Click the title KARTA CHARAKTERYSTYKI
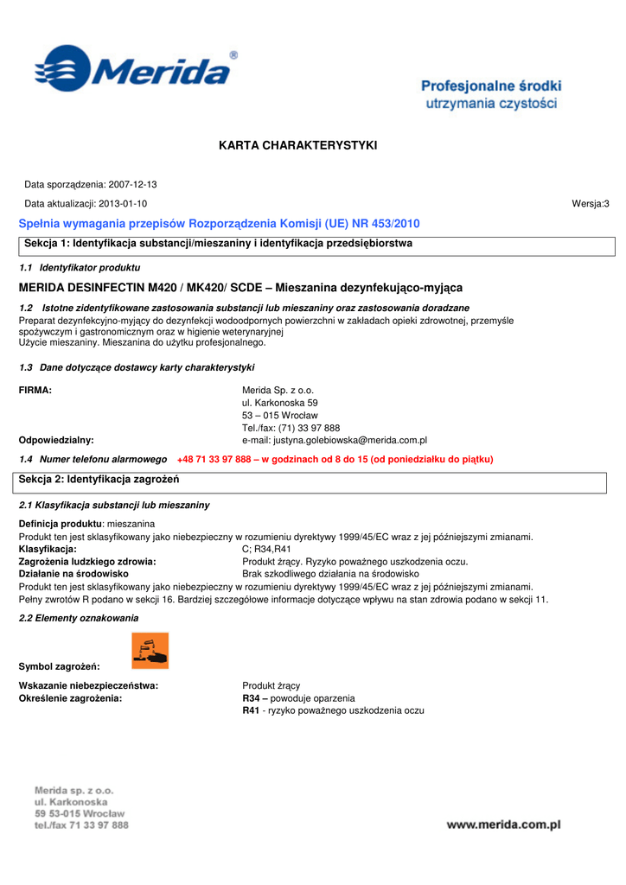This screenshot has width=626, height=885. click(298, 145)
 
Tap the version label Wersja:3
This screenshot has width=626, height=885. click(591, 204)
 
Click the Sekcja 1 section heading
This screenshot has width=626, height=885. click(218, 244)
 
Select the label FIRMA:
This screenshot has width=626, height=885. click(35, 391)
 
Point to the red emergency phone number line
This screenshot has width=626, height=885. click(335, 460)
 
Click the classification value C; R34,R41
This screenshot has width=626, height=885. click(266, 549)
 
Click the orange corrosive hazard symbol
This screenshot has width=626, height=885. click(150, 651)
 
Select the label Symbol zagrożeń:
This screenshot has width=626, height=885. click(59, 666)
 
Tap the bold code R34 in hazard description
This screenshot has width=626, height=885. click(253, 698)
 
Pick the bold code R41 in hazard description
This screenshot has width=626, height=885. click(252, 710)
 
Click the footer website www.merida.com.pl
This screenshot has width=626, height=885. click(503, 825)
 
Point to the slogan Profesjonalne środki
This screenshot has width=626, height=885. click(491, 86)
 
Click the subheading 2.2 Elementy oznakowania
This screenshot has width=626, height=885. click(79, 619)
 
